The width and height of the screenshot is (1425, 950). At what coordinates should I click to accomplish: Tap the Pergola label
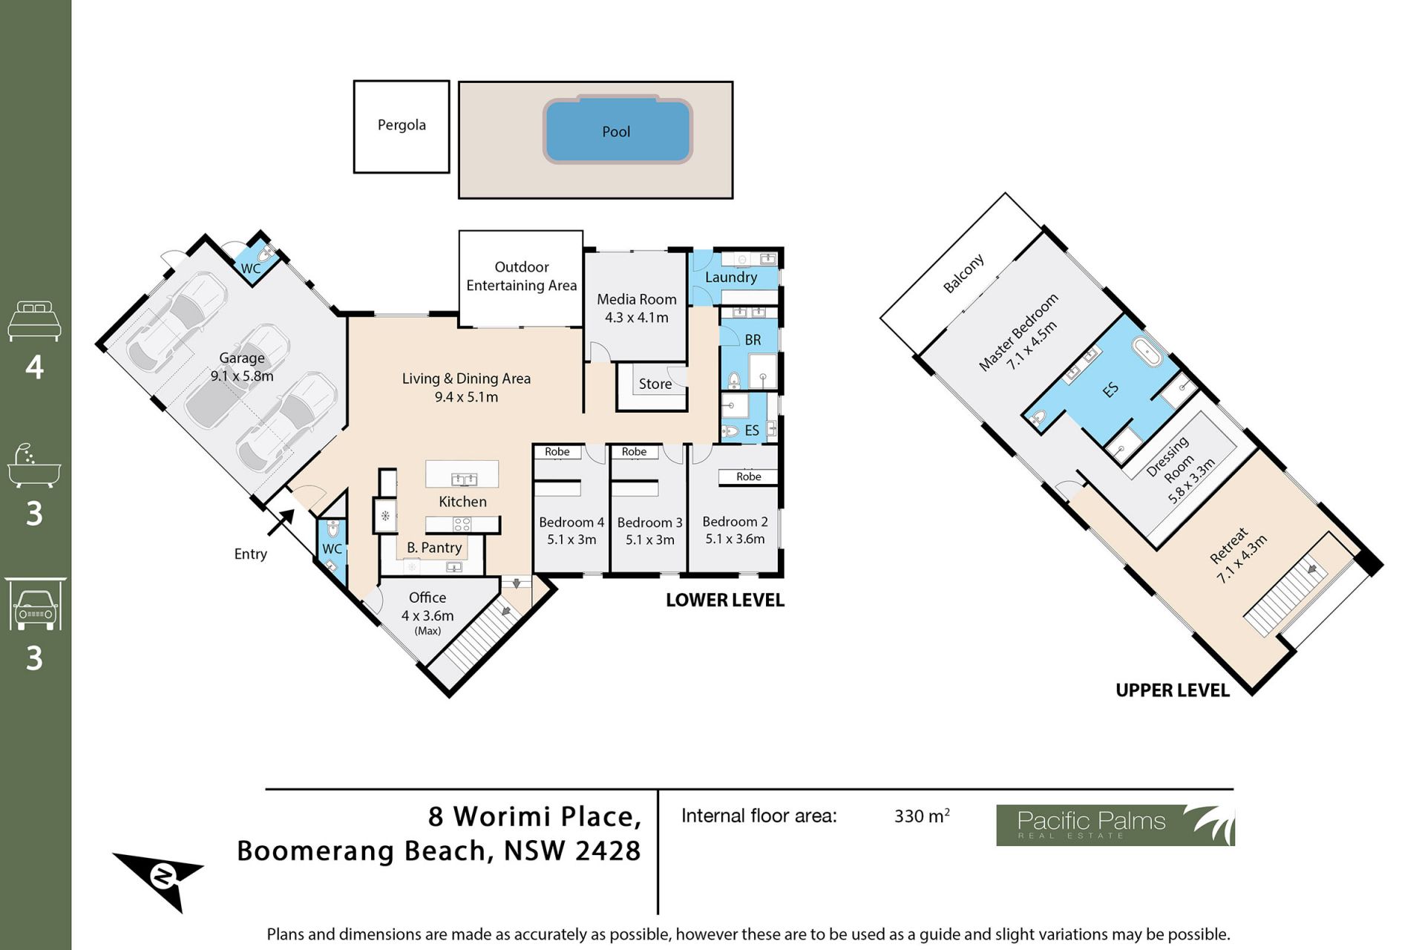point(402,125)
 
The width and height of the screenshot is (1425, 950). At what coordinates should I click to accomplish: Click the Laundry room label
point(731,277)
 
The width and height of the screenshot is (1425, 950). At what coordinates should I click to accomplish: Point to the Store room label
point(655,384)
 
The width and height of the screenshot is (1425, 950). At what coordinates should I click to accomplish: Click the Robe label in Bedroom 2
point(749,476)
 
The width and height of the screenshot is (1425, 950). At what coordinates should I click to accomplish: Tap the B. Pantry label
point(434,548)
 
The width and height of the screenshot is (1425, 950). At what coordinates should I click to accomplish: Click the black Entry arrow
point(281,522)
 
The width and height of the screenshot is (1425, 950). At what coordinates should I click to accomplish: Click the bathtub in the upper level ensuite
point(1147,352)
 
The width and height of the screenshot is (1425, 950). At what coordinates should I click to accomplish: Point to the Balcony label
point(963,273)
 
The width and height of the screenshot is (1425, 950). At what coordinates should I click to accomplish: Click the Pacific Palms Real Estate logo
point(1115,825)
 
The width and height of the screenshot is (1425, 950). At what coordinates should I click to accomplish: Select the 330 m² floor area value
point(922,816)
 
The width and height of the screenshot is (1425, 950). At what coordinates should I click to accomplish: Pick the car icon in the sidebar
point(35,604)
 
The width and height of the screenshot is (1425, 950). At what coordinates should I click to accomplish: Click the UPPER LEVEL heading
point(1173,690)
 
